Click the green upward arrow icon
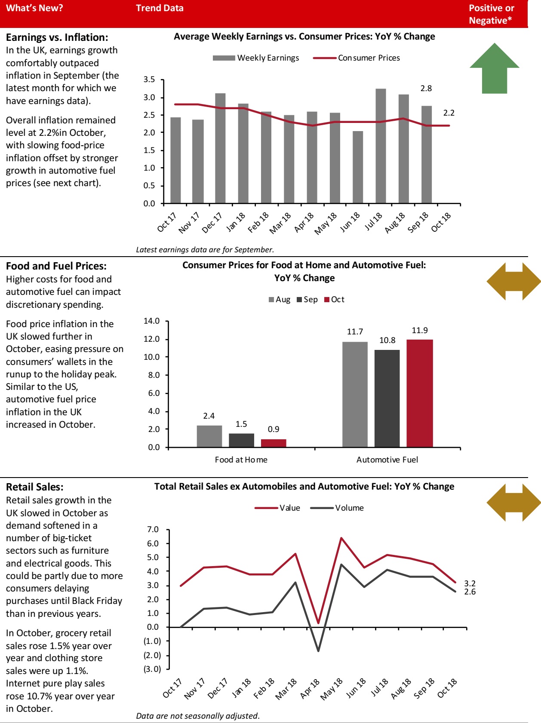[494, 69]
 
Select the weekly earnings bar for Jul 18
[381, 146]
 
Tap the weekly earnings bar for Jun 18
[358, 168]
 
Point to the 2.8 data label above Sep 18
[426, 89]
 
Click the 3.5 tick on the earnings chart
[149, 80]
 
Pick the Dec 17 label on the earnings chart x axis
[212, 222]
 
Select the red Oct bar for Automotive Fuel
[419, 393]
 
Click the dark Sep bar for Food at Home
[241, 440]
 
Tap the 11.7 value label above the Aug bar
[355, 332]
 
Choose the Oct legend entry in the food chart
[335, 300]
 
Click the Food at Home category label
[241, 460]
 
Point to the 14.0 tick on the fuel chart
[151, 321]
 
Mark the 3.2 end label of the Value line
[470, 583]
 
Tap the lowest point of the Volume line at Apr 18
[318, 651]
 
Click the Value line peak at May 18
[341, 538]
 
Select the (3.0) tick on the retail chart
[152, 669]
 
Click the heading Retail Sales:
[34, 487]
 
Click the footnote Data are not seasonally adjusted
[198, 716]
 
